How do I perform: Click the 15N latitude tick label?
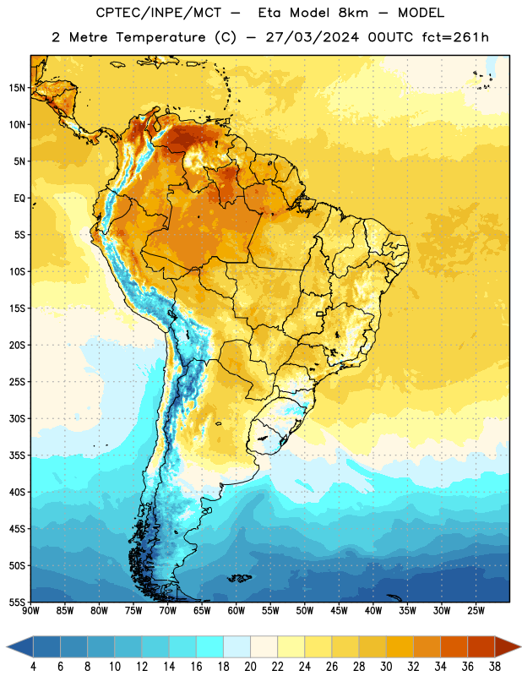17,88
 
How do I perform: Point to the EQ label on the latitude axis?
19,198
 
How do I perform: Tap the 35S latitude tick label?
17,455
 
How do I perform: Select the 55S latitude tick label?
17,602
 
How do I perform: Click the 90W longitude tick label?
30,611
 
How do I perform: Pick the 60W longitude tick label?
237,611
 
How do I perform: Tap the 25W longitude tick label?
476,611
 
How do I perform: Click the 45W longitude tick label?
339,611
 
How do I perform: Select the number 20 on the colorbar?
250,667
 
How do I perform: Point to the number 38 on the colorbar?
495,667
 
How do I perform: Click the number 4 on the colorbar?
33,667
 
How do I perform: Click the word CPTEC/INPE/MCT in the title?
158,13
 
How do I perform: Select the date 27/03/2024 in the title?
312,37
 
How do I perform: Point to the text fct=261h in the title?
455,37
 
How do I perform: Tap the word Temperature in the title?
160,37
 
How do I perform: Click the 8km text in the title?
353,13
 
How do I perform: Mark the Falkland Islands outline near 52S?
239,578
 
